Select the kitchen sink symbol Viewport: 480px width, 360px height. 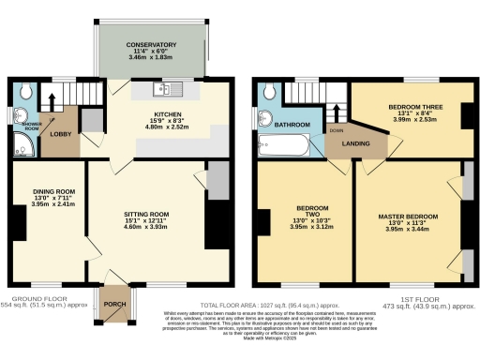tap(167, 90)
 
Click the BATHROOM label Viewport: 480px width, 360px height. tap(292, 124)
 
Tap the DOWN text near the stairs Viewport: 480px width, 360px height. tap(335, 130)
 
